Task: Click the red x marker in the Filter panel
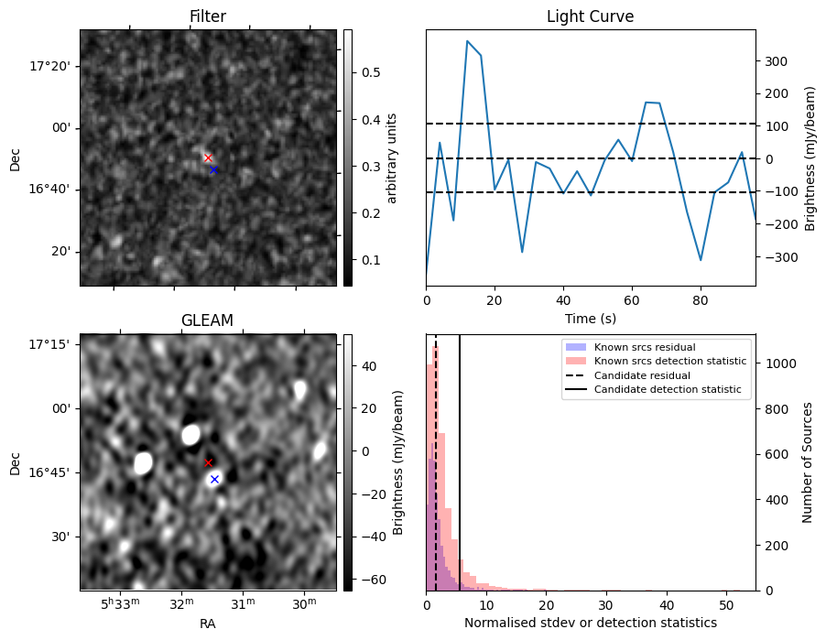(208, 158)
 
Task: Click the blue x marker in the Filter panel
(213, 169)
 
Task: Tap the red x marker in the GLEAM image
(209, 463)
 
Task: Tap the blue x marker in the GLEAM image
(214, 479)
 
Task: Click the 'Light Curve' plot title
(590, 16)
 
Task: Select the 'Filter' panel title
(208, 16)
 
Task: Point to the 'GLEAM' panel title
(208, 320)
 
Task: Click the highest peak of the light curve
(467, 41)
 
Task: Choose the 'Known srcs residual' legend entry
(644, 347)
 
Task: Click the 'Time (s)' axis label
(590, 318)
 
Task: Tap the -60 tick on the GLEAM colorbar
(372, 580)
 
